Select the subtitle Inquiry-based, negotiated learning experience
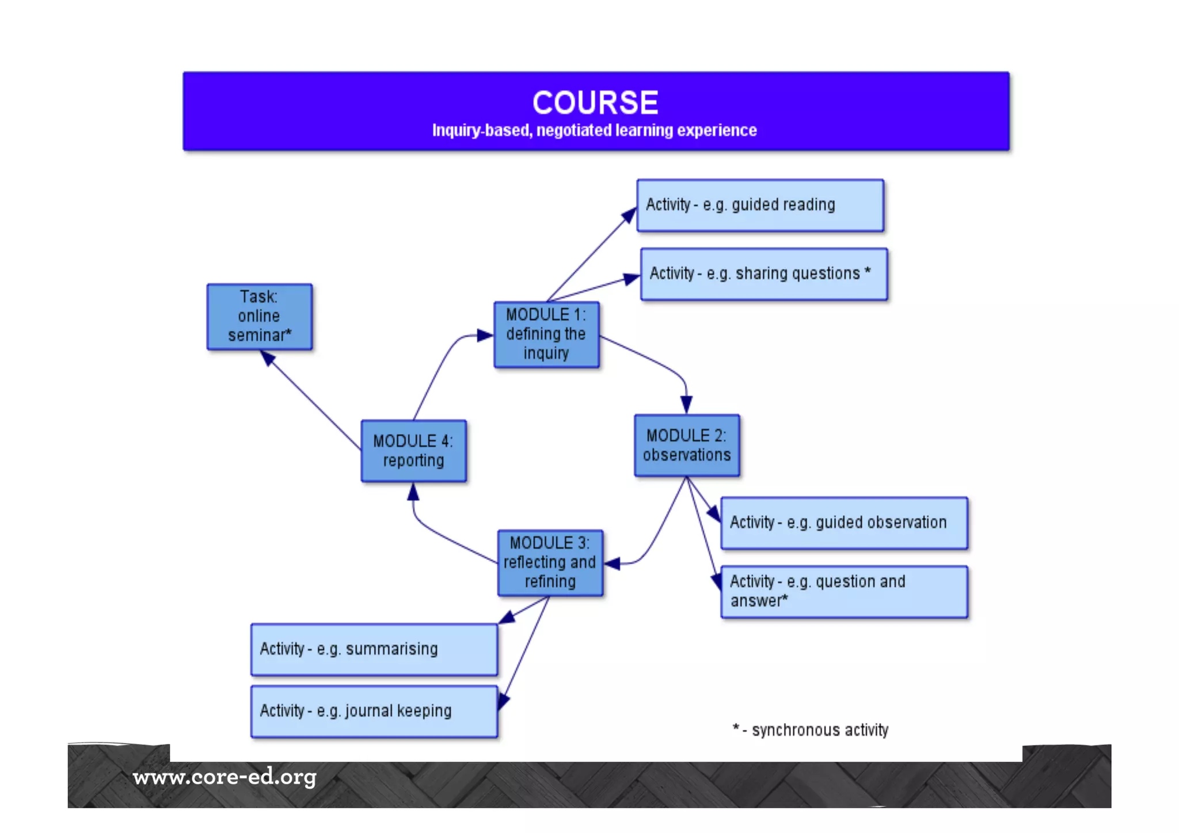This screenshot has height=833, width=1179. click(594, 131)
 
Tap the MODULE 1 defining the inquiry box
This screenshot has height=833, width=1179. click(546, 334)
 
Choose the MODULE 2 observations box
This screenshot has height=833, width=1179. click(687, 446)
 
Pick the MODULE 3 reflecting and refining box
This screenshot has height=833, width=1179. click(550, 562)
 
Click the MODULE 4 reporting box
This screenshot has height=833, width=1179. click(413, 451)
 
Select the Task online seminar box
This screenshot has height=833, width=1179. click(259, 317)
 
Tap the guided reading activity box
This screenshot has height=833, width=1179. click(760, 206)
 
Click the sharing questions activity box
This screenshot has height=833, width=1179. click(763, 274)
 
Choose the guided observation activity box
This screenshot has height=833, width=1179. click(844, 523)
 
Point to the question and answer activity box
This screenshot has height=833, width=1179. click(844, 592)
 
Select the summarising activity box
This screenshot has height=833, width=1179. click(374, 649)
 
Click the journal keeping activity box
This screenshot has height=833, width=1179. click(374, 711)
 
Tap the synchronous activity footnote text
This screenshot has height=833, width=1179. click(811, 730)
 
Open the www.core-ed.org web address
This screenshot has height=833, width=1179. click(225, 777)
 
